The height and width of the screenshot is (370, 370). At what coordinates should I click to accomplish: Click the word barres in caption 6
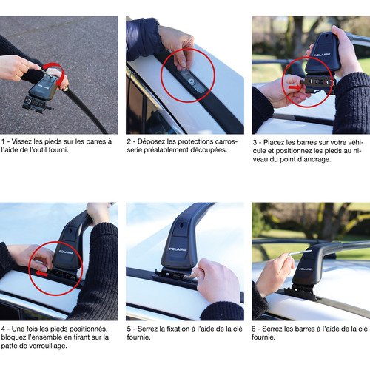pyautogui.click(x=304, y=328)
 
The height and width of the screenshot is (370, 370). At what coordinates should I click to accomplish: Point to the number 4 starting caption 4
pyautogui.click(x=3, y=328)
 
